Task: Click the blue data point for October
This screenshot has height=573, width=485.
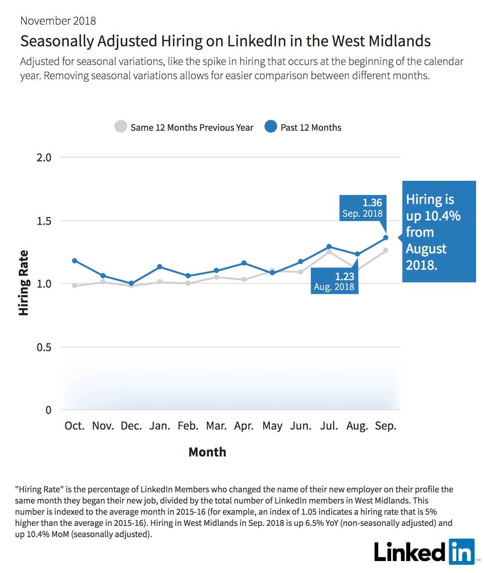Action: point(75,261)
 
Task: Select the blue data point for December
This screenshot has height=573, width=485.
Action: point(131,283)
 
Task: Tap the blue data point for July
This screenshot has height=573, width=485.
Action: point(329,247)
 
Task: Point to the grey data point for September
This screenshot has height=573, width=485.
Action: point(386,250)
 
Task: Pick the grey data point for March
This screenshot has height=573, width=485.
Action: point(216,277)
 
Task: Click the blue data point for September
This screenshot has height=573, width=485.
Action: point(386,238)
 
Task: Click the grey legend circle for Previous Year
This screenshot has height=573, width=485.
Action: point(121,126)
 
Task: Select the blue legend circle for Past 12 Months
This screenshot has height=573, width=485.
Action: point(271,126)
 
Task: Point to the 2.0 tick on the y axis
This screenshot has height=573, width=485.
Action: point(44,158)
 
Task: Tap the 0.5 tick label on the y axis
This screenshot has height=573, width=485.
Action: point(44,347)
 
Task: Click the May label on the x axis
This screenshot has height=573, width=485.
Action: point(272,426)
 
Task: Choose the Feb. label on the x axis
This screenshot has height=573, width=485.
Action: point(188,425)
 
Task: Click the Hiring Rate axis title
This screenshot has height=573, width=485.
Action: point(24,283)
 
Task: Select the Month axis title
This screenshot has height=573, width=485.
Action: point(207,452)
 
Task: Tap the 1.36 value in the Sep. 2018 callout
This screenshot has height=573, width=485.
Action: point(372,203)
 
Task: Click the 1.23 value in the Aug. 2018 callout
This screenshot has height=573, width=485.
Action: point(345,276)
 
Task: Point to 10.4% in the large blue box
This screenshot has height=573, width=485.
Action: point(442,216)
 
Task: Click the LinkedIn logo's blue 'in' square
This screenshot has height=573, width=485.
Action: point(461,551)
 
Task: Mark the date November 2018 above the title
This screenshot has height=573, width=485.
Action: point(58,21)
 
